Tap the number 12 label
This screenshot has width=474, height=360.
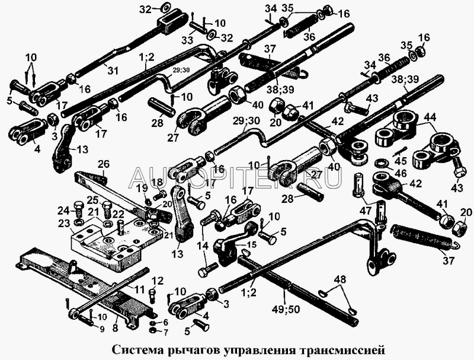[157, 280]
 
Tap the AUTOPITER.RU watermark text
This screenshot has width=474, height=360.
[236, 177]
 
